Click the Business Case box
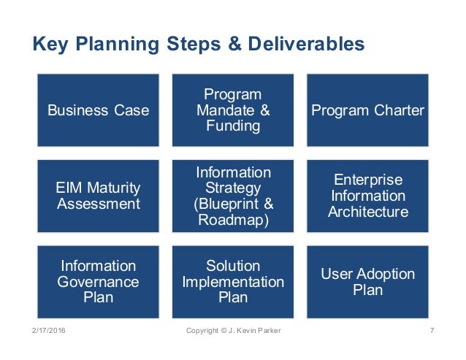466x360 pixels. click(98, 111)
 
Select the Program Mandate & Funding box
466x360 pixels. click(233, 111)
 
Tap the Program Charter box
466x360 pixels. click(367, 111)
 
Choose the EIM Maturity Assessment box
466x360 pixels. click(98, 196)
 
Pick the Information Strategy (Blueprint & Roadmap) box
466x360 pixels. click(233, 196)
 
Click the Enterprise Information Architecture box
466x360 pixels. click(367, 196)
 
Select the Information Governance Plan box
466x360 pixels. click(98, 282)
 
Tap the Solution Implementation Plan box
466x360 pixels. click(233, 282)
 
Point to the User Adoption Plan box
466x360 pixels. click(367, 282)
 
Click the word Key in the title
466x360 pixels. click(49, 45)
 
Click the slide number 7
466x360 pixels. click(432, 332)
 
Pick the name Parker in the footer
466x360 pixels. click(267, 332)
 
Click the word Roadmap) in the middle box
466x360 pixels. click(233, 220)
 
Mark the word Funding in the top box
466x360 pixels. click(233, 127)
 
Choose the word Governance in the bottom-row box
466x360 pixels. click(98, 282)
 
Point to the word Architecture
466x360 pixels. click(367, 212)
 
